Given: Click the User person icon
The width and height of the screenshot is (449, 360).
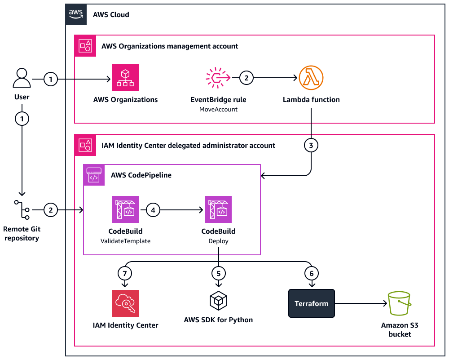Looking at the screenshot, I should [22, 78].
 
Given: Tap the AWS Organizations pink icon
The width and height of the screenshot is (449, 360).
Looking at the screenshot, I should [125, 78].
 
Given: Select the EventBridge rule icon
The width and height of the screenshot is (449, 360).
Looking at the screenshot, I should [218, 78].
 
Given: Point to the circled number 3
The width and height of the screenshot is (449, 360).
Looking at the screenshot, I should [311, 145].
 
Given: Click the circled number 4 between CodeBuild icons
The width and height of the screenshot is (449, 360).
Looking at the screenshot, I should [153, 209].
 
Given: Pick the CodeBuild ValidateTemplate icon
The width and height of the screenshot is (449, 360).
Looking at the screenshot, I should [125, 209].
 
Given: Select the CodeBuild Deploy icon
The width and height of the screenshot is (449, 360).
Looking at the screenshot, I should [218, 209].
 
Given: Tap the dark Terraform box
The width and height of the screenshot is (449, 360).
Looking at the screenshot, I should [312, 303].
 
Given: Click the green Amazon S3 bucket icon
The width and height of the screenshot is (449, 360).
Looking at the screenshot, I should [399, 304].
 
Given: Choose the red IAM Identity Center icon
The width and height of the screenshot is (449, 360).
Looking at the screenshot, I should [125, 303].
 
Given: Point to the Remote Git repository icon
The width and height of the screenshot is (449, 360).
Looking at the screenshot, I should [22, 210].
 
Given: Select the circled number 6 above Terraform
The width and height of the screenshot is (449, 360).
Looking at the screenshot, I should [311, 272].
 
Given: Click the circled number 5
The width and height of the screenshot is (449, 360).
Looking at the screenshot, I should [218, 272].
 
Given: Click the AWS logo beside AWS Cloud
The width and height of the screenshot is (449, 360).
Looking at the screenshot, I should [76, 14].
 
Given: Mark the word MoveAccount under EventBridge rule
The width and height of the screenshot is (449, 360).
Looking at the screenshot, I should [218, 109].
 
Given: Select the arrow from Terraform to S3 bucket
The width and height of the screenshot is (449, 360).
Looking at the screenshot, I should [359, 303].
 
